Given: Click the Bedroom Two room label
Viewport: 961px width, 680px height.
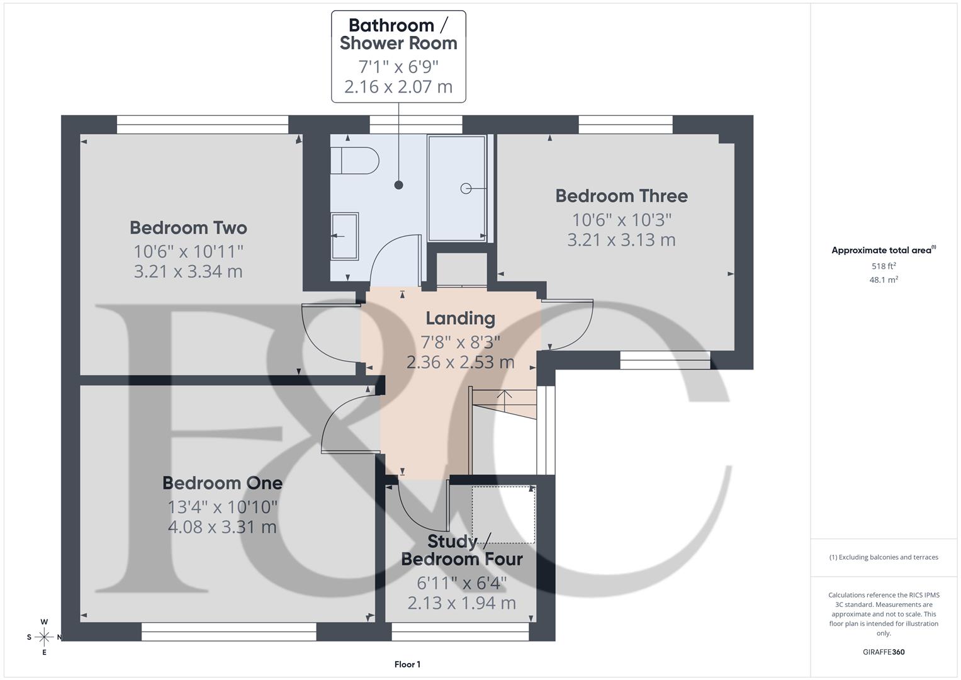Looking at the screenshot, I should pyautogui.click(x=188, y=227).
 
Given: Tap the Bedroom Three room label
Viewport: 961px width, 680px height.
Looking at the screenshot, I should pyautogui.click(x=621, y=196).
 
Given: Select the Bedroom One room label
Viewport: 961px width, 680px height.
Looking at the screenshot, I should pyautogui.click(x=222, y=483).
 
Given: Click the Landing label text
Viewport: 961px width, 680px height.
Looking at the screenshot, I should pyautogui.click(x=460, y=319).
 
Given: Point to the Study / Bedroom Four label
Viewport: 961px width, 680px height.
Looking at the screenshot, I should pyautogui.click(x=462, y=550).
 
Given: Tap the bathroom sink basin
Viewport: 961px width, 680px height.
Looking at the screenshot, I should pyautogui.click(x=344, y=236).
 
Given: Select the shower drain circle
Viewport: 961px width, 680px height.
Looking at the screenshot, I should pyautogui.click(x=466, y=188).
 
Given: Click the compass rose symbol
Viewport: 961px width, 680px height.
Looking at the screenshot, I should pyautogui.click(x=44, y=637).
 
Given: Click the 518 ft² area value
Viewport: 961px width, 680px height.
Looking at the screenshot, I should pyautogui.click(x=884, y=266).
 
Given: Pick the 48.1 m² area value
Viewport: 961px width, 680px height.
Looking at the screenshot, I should pyautogui.click(x=884, y=280).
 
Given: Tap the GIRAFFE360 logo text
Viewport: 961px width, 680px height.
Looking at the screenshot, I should pyautogui.click(x=884, y=652).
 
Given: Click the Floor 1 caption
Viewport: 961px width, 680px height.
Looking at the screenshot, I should pyautogui.click(x=407, y=664).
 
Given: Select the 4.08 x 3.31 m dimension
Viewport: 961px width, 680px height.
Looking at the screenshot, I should pyautogui.click(x=222, y=527).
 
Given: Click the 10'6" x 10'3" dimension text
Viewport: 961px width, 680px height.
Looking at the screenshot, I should pyautogui.click(x=621, y=220).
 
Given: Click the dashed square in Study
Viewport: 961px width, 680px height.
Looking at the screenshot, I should pyautogui.click(x=503, y=514).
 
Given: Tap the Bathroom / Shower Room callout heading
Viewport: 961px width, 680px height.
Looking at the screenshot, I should pyautogui.click(x=398, y=35).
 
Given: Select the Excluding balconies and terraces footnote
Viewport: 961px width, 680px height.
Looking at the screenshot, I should pyautogui.click(x=884, y=557).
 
